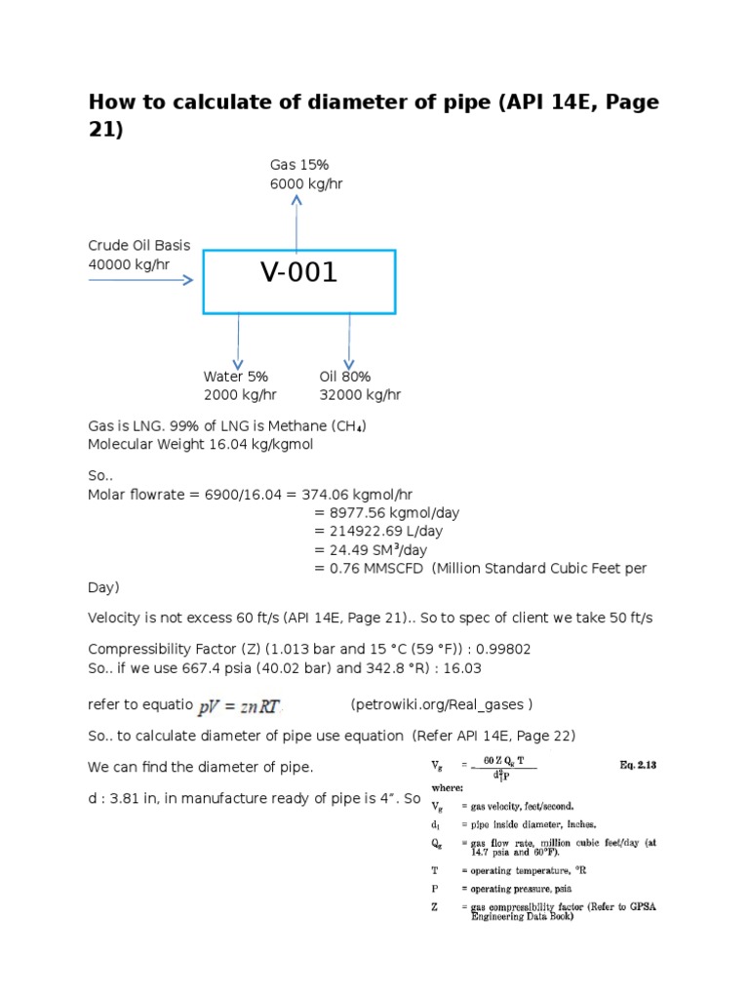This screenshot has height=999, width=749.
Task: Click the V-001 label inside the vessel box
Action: coord(298,273)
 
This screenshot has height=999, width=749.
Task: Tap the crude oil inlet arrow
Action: coord(141,280)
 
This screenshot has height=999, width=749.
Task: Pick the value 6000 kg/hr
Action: coord(306,183)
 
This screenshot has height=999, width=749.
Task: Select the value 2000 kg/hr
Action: coord(240,395)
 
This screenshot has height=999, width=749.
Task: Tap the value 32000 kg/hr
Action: coord(360,395)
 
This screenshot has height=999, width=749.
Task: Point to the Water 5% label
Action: coord(235,377)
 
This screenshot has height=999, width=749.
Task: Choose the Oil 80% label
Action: coord(345,377)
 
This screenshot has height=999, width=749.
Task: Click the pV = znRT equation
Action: coord(240,704)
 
